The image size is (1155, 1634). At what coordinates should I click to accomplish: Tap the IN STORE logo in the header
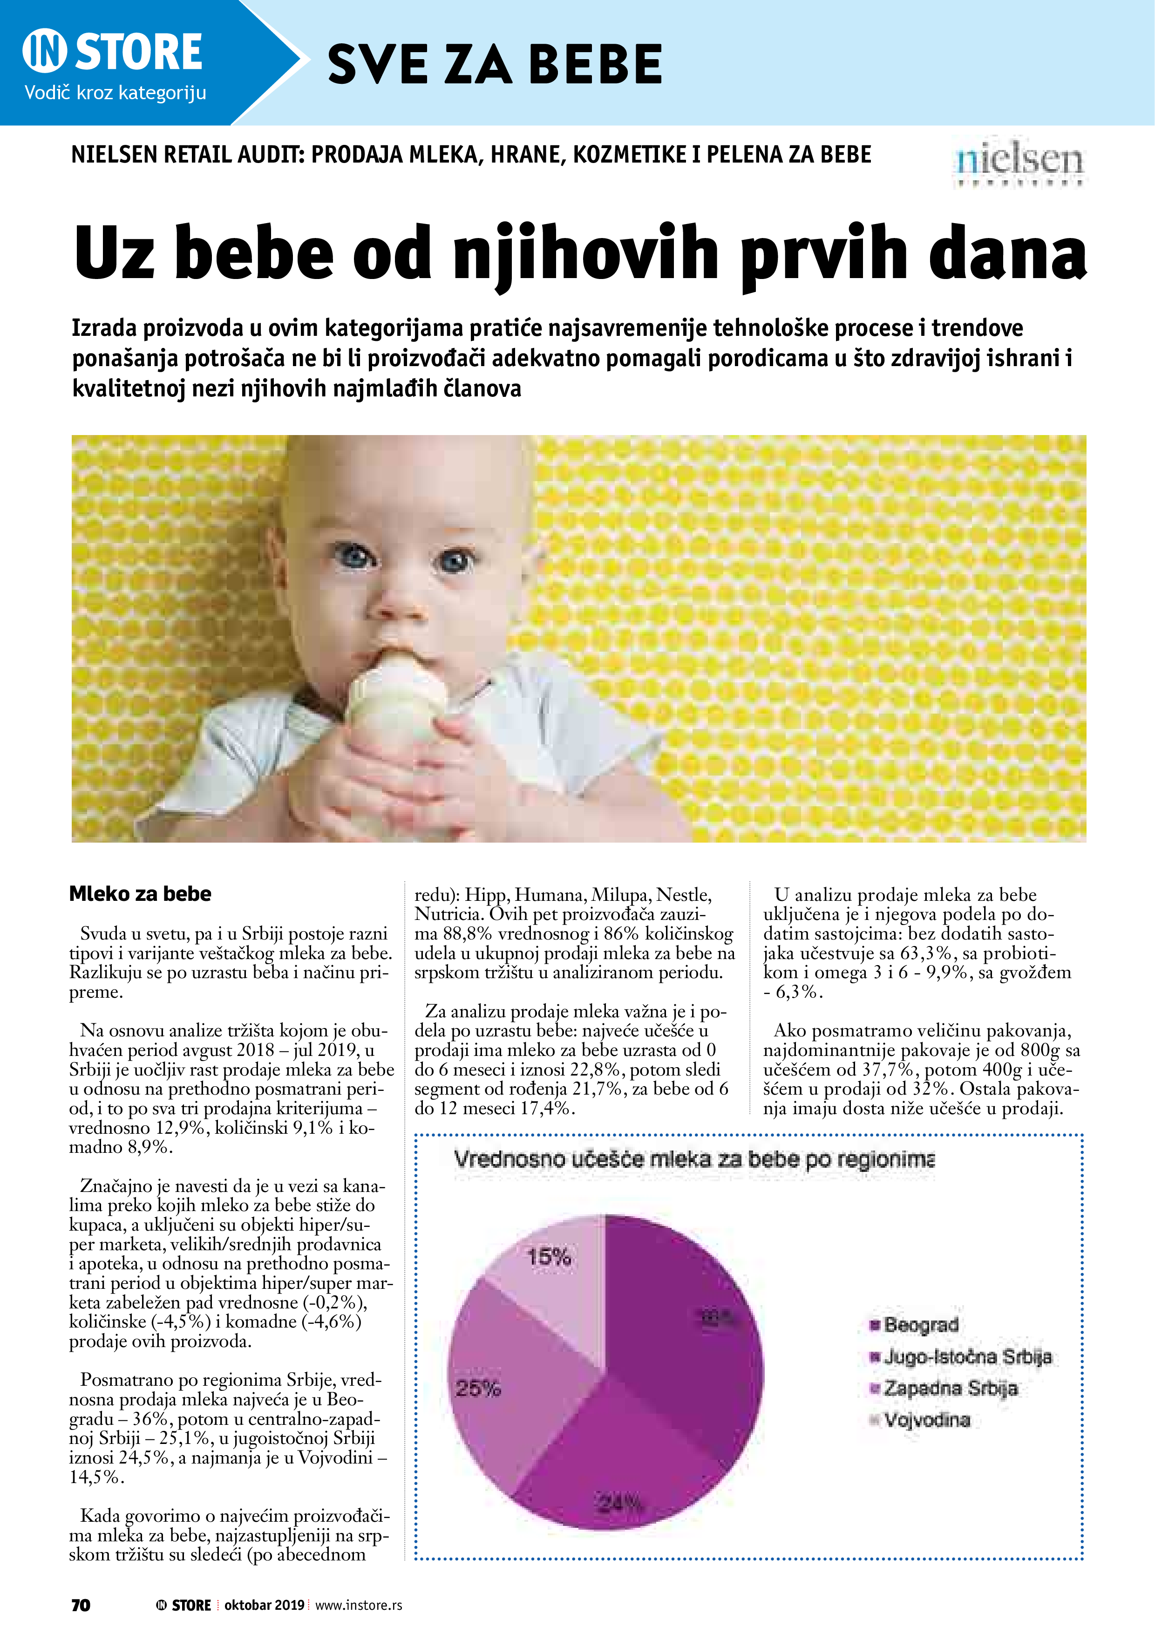[x=113, y=52]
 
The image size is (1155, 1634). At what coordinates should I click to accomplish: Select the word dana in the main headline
[x=1007, y=254]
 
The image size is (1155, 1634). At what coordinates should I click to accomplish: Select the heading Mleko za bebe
[x=140, y=894]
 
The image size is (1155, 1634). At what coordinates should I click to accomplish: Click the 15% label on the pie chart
[x=549, y=1258]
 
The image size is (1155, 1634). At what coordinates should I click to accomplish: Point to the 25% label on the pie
[x=478, y=1389]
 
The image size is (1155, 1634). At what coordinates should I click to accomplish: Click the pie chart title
[x=694, y=1160]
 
